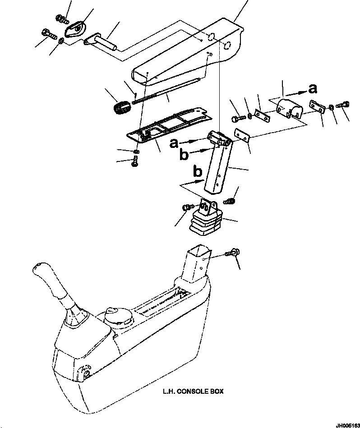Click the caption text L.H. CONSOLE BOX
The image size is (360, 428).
coord(193,391)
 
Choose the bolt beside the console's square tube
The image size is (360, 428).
coord(234,253)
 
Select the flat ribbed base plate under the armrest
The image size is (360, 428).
coord(169,124)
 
